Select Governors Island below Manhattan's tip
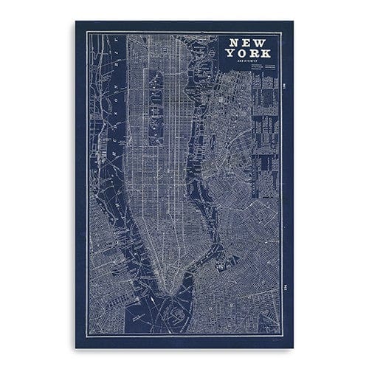[179, 311]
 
